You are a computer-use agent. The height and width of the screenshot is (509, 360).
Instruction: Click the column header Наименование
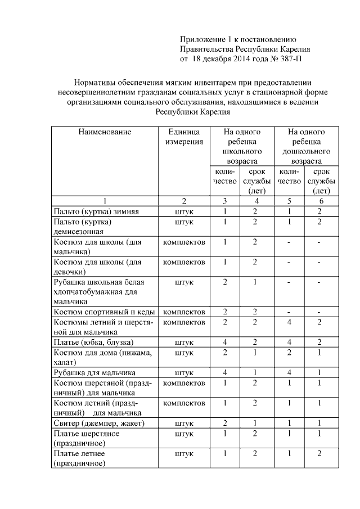pos(105,132)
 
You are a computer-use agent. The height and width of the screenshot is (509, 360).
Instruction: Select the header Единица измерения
pos(184,137)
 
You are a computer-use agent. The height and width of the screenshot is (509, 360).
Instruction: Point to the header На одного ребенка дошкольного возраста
pos(306,146)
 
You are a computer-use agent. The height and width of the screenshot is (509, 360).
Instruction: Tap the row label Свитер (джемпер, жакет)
pos(99,423)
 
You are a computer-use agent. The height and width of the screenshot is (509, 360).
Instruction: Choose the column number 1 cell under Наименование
pos(105,201)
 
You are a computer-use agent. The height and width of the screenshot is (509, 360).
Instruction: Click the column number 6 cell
pos(321,201)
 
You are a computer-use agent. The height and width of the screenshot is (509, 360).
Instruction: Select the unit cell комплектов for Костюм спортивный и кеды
pos(184,312)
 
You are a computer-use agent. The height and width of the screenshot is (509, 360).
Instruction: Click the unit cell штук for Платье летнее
pos(184,453)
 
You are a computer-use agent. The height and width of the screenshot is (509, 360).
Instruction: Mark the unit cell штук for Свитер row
pos(184,423)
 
